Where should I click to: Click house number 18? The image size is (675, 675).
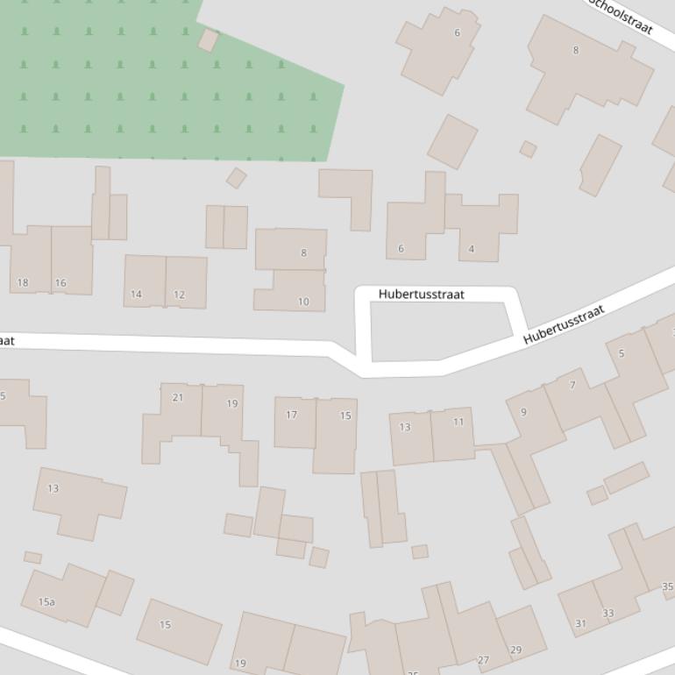(23, 282)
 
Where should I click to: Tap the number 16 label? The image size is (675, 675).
(60, 282)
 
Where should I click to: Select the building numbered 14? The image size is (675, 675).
(136, 294)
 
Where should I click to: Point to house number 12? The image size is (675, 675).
(179, 295)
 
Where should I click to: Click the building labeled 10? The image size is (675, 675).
(303, 302)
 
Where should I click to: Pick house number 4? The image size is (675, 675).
(471, 249)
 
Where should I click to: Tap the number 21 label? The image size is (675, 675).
(178, 397)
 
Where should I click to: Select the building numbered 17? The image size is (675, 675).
(292, 415)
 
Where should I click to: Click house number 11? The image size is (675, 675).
(458, 422)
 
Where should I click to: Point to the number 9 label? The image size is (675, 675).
(523, 411)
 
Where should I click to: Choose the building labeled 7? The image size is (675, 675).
(572, 385)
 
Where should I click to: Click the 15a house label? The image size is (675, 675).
(46, 602)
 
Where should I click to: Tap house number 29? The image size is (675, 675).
(515, 650)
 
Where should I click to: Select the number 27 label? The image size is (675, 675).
(483, 660)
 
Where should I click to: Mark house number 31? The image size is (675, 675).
(580, 623)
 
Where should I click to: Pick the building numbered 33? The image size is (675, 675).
(607, 613)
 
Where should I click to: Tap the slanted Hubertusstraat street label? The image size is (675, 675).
(565, 324)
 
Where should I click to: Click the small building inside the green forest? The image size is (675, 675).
(208, 40)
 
